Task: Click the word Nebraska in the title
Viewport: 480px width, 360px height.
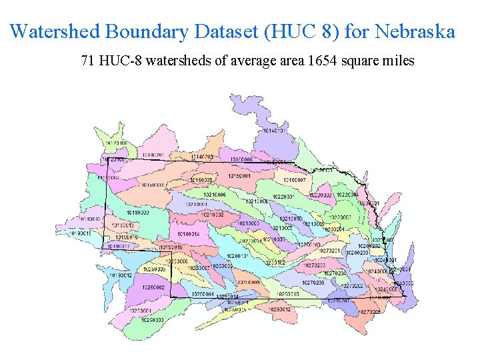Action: point(415,31)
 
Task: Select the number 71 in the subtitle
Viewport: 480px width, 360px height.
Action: point(87,61)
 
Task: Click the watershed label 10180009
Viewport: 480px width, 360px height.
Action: point(137,213)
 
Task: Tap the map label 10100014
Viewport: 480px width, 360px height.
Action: point(188,234)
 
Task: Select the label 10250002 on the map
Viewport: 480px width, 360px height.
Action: point(153,287)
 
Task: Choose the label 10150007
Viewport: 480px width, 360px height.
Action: point(294,180)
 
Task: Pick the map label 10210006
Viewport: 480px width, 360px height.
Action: point(215,195)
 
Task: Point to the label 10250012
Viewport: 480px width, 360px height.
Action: point(279,309)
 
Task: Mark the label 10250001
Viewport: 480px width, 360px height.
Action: point(141,311)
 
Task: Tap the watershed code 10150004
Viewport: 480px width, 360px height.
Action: point(239,176)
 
